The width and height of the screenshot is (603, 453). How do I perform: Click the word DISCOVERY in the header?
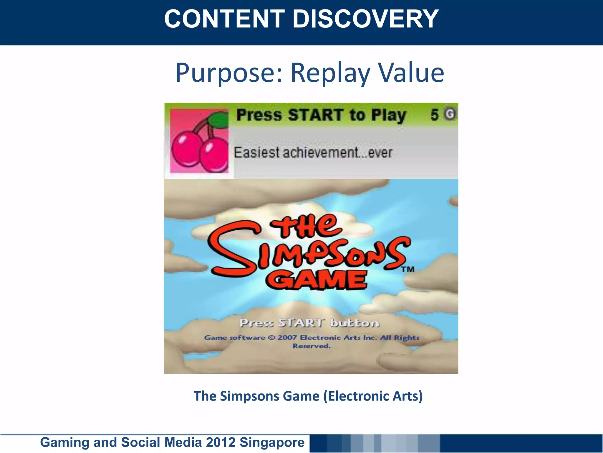365,19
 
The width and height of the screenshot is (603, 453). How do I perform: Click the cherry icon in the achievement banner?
199,141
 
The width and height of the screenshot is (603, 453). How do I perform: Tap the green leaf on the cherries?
218,120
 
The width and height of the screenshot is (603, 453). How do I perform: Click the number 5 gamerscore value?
435,115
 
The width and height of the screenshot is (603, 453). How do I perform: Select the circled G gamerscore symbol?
450,114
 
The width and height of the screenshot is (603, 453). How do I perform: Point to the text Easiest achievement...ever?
313,153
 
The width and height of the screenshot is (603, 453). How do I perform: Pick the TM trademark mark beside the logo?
408,269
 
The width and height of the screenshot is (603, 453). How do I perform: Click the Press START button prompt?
309,323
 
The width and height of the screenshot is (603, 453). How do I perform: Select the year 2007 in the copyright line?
287,337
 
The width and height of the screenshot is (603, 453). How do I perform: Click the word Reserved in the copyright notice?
312,346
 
